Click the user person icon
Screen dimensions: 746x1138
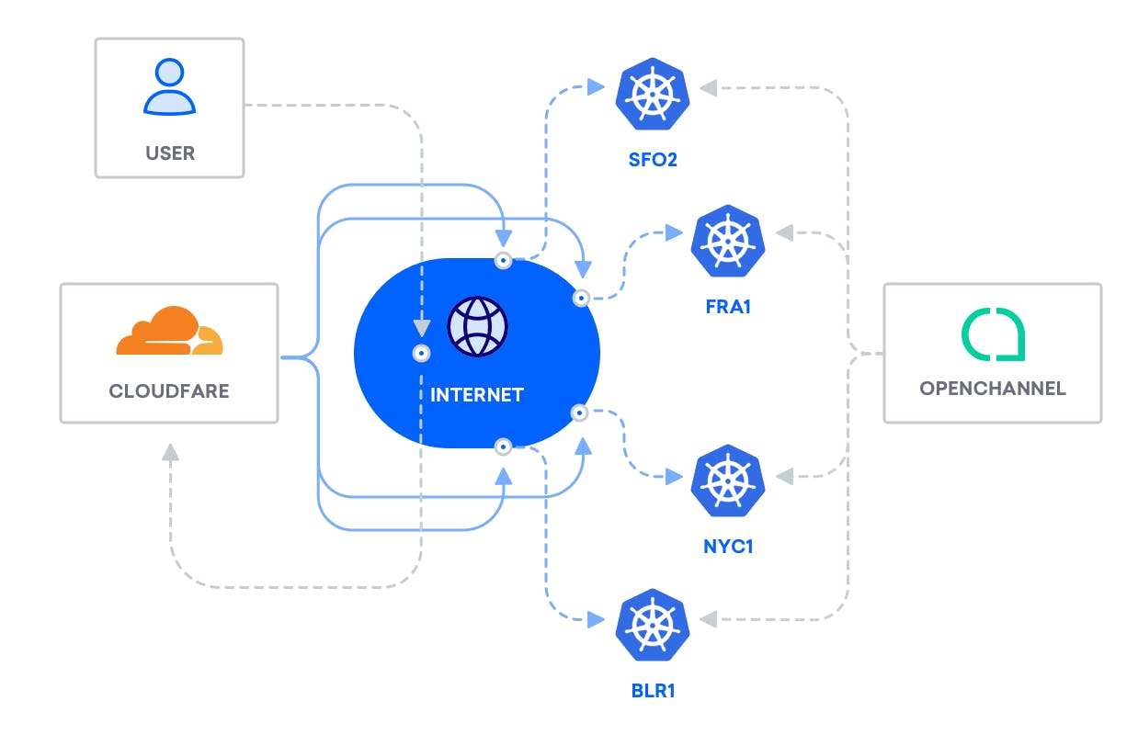click(169, 88)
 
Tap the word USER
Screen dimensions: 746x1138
click(170, 153)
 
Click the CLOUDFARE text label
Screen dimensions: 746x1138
click(169, 391)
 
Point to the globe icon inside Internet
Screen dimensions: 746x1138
click(477, 325)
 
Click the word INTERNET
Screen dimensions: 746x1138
click(477, 395)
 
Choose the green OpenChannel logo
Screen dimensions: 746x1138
click(993, 334)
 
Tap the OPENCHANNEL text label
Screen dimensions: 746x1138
click(993, 388)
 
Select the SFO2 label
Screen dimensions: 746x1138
click(653, 160)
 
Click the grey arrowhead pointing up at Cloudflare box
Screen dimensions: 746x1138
click(170, 452)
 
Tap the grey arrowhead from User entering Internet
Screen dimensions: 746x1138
click(421, 326)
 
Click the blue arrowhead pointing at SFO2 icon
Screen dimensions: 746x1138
click(596, 87)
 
